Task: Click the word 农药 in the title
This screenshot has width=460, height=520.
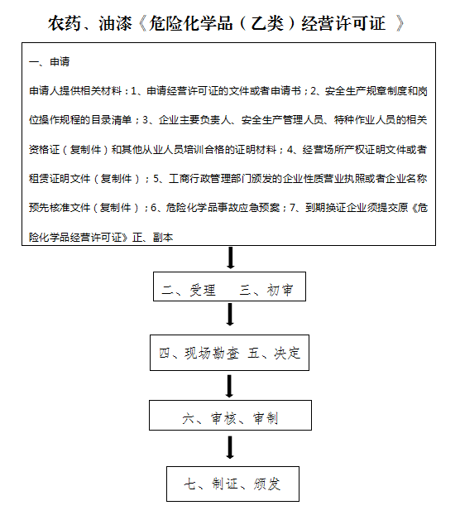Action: pyautogui.click(x=65, y=23)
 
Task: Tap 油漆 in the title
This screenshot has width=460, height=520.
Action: pyautogui.click(x=115, y=23)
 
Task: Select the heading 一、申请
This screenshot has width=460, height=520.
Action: pyautogui.click(x=50, y=61)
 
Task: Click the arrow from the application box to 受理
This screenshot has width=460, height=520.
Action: pyautogui.click(x=231, y=258)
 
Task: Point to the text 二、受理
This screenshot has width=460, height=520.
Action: pyautogui.click(x=189, y=290)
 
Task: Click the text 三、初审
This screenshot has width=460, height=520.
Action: pyautogui.click(x=266, y=290)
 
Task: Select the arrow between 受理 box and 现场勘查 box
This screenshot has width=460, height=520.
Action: pyautogui.click(x=230, y=314)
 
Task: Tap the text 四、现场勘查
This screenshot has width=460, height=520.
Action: pyautogui.click(x=199, y=354)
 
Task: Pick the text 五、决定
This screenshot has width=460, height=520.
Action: pyautogui.click(x=275, y=354)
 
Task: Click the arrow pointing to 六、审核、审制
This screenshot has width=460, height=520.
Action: pyautogui.click(x=229, y=386)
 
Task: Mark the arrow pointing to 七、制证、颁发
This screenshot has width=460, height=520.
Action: pyautogui.click(x=230, y=447)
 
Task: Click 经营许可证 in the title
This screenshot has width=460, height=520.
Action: pyautogui.click(x=343, y=23)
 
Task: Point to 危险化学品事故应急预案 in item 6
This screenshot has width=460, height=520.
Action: pyautogui.click(x=223, y=208)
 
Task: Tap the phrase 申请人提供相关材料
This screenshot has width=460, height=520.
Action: pyautogui.click(x=75, y=91)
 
